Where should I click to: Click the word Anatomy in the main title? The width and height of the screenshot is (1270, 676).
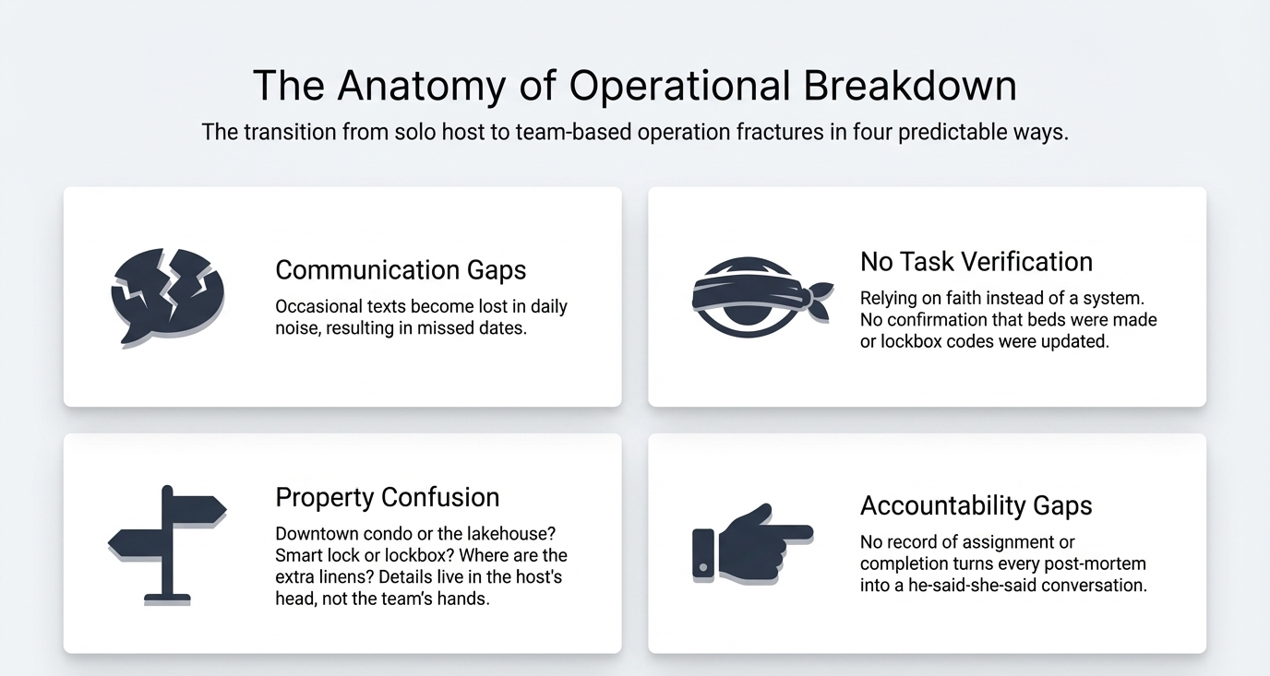[421, 86]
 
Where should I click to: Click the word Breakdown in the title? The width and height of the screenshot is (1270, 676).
[910, 85]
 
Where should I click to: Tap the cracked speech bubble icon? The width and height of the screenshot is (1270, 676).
[168, 296]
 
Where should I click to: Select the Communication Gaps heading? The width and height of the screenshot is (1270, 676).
[401, 269]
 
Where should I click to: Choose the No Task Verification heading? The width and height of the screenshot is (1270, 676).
[976, 262]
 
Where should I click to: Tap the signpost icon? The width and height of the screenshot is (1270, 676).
[167, 545]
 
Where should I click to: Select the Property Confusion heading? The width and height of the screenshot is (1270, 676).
[388, 497]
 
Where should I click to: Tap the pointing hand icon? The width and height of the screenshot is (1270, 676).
[753, 544]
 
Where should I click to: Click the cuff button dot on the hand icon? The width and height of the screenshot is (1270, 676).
[703, 567]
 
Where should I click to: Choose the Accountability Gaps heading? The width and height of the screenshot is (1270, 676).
[976, 505]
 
